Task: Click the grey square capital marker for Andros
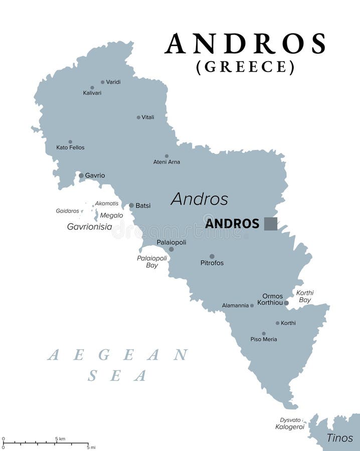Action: (271, 223)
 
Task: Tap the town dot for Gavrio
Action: (81, 175)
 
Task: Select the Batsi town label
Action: (143, 205)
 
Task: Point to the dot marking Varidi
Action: (103, 82)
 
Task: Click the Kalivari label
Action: (92, 93)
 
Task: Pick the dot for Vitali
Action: (138, 117)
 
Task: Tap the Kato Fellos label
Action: (70, 148)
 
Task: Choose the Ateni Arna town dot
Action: (167, 156)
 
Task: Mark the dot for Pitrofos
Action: (212, 256)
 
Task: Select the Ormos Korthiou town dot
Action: (286, 303)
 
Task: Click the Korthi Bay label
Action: (304, 296)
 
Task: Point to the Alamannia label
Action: (235, 306)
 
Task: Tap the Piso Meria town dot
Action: (264, 333)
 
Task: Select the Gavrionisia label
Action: (90, 227)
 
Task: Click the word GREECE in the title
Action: (245, 67)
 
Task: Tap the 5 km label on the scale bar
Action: (60, 439)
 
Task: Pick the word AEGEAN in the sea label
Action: (118, 355)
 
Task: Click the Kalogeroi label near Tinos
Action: (290, 427)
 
